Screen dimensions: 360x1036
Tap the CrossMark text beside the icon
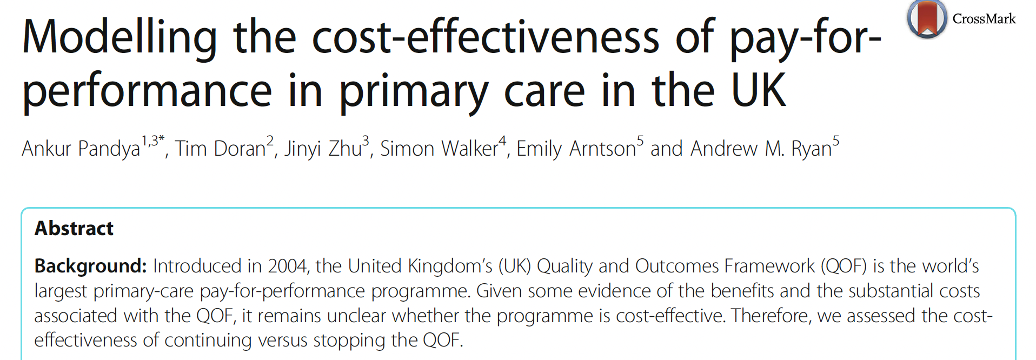[x=984, y=19]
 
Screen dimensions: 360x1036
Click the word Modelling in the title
[x=119, y=38]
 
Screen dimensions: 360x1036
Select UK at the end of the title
[x=758, y=91]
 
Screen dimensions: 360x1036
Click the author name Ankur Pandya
[x=81, y=149]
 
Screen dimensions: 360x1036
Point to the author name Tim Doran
[x=220, y=149]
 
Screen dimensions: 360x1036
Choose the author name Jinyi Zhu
[x=323, y=149]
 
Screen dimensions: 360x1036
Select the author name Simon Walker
[x=439, y=149]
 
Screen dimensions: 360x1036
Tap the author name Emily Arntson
[x=576, y=149]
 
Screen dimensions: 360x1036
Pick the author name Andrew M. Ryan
[x=761, y=149]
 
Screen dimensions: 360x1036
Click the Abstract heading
[x=74, y=229]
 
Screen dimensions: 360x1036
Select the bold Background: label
[x=90, y=266]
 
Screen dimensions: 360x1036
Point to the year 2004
[x=288, y=266]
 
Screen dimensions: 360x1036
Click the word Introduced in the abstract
[x=197, y=266]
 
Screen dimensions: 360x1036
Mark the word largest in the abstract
[x=61, y=291]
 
